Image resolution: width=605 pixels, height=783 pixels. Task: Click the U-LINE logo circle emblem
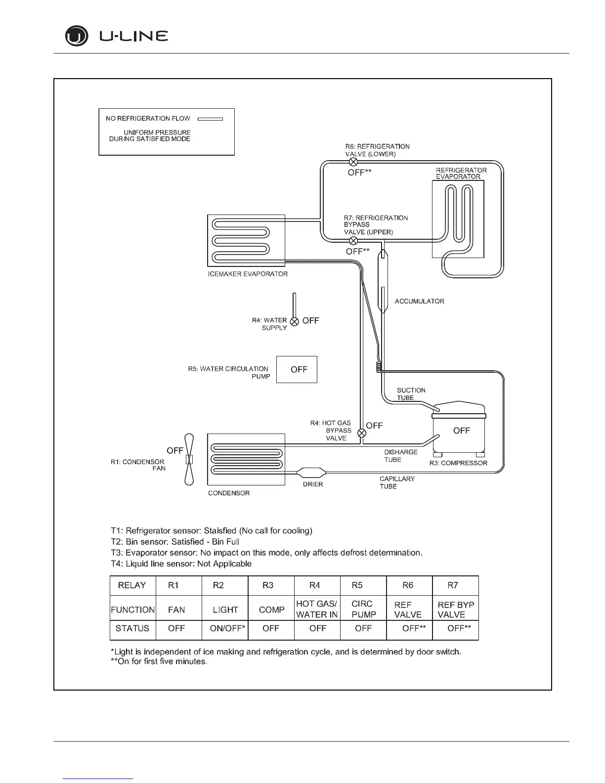[x=77, y=37]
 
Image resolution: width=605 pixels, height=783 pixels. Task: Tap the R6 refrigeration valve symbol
[x=353, y=162]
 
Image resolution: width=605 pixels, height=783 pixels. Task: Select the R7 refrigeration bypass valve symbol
[x=353, y=241]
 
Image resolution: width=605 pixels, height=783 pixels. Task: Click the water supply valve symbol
[x=294, y=321]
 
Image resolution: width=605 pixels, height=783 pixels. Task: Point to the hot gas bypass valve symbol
[x=362, y=433]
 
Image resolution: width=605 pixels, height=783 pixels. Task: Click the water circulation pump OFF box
[x=297, y=369]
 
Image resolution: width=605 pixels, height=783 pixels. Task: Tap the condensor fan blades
[x=188, y=459]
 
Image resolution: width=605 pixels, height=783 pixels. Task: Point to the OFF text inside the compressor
[x=461, y=431]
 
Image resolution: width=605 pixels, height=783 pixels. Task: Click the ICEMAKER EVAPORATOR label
[x=248, y=274]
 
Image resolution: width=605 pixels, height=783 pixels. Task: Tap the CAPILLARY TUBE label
[x=397, y=482]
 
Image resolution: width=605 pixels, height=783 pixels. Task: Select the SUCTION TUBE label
[x=411, y=394]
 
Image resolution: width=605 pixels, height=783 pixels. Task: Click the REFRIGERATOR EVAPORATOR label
[x=461, y=173]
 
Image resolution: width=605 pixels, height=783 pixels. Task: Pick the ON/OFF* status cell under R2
[x=225, y=628]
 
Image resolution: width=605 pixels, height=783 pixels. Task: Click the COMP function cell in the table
[x=271, y=609]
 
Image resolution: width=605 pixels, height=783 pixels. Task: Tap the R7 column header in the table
[x=453, y=585]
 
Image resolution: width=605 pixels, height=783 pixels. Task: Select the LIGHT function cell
[x=225, y=609]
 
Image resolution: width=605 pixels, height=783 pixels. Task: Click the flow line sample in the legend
[x=210, y=119]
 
